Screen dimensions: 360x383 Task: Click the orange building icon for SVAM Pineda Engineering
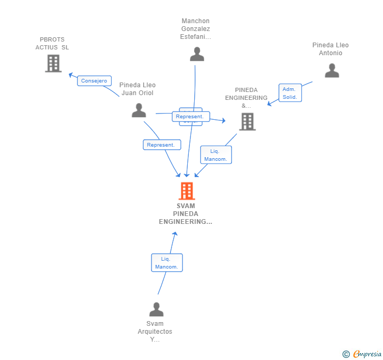click(x=187, y=191)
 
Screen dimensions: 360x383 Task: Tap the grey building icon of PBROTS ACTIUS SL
click(x=53, y=64)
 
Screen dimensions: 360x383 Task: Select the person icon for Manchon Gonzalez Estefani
click(x=197, y=54)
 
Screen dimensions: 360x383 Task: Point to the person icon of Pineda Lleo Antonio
click(x=331, y=70)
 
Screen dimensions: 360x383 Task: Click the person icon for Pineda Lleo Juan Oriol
click(x=139, y=110)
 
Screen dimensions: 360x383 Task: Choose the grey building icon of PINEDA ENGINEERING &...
click(x=247, y=121)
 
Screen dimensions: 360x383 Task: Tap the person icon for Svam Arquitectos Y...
click(x=156, y=309)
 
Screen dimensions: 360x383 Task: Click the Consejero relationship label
click(x=94, y=81)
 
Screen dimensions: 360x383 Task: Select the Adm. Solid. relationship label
click(x=290, y=93)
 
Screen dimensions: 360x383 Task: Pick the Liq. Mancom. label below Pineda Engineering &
click(x=216, y=155)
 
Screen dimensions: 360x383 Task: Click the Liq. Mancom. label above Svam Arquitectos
click(x=167, y=263)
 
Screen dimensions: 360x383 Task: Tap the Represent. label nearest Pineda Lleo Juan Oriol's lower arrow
click(x=162, y=145)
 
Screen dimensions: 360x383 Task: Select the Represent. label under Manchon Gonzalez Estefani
click(x=190, y=117)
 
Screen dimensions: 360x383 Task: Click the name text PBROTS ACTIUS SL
click(x=52, y=43)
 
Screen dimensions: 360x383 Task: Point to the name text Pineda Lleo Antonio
click(x=330, y=49)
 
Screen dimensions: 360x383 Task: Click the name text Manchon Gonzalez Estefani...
click(x=195, y=29)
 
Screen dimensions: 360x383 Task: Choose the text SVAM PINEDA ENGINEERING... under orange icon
click(x=186, y=214)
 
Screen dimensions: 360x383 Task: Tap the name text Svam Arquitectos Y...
click(x=155, y=331)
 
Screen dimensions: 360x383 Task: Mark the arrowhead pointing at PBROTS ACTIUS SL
click(x=70, y=74)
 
